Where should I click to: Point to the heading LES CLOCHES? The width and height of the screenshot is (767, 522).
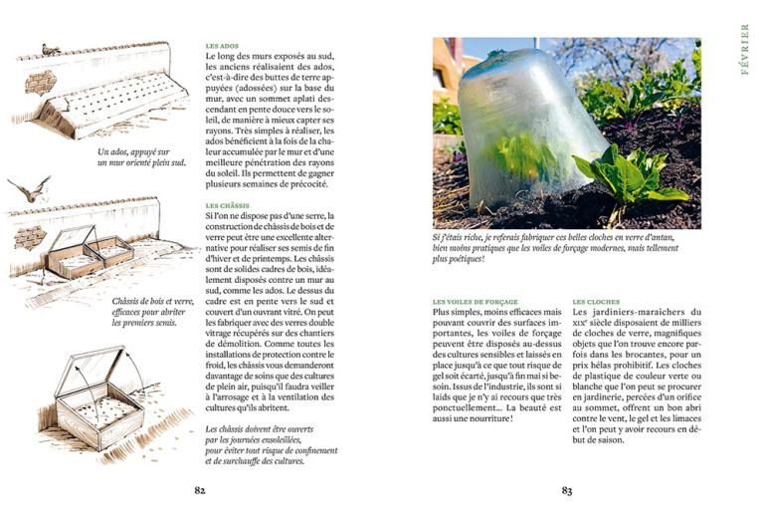click(596, 301)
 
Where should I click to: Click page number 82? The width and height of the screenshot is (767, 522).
click(199, 490)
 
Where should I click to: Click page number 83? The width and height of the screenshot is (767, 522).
click(566, 490)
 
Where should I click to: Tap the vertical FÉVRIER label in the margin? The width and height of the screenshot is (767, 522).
click(744, 51)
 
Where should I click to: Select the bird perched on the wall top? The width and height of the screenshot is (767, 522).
click(50, 47)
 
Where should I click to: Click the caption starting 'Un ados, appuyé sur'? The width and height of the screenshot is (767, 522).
click(140, 157)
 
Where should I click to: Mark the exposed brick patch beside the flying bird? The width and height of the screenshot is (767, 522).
click(30, 235)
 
